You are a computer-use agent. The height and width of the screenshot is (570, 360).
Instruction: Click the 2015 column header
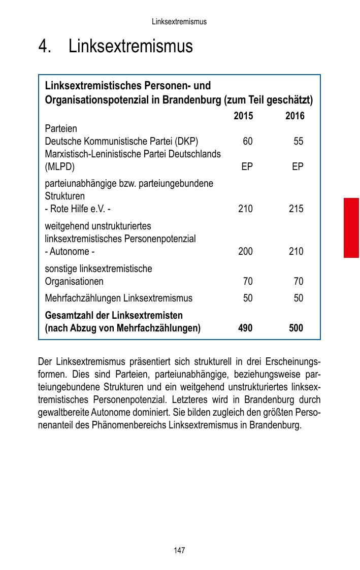(243, 116)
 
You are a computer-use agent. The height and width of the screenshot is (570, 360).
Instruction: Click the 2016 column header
(294, 116)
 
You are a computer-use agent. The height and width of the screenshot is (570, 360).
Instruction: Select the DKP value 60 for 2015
(247, 141)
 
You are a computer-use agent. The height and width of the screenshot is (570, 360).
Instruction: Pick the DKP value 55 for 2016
(298, 141)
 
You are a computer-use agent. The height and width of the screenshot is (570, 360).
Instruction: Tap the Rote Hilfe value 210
(245, 209)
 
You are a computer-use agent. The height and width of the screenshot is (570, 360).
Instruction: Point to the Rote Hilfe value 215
(296, 209)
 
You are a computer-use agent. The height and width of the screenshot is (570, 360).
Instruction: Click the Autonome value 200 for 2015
(245, 251)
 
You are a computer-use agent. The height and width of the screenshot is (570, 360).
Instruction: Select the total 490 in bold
(245, 328)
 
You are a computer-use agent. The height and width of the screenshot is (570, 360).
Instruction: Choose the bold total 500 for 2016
(296, 328)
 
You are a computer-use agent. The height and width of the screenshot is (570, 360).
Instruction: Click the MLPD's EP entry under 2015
(247, 166)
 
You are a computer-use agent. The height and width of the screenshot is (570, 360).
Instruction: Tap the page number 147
(179, 550)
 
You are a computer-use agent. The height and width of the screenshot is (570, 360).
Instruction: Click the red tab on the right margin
(351, 228)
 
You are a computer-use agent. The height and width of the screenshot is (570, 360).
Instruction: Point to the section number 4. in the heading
(45, 47)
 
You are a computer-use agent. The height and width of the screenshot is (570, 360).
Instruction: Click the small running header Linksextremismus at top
(179, 22)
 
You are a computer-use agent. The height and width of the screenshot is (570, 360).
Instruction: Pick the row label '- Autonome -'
(70, 251)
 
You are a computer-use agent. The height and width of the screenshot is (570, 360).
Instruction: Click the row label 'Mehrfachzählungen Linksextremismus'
(119, 298)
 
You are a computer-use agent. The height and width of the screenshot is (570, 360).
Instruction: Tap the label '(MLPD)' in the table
(60, 166)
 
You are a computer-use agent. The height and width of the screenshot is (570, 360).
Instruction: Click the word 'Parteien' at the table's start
(61, 128)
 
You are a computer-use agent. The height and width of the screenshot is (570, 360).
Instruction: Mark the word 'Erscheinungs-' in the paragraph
(292, 362)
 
